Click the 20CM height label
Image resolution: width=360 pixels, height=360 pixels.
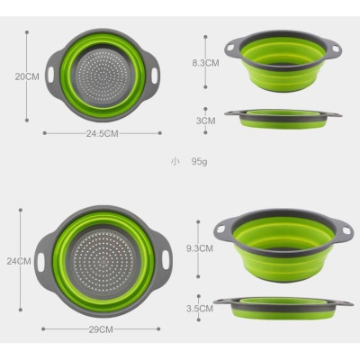(x=25, y=77)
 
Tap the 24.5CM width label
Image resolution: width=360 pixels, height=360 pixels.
(x=102, y=133)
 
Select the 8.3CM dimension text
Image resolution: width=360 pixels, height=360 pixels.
(x=205, y=63)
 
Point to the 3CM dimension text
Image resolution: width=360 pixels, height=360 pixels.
(x=206, y=119)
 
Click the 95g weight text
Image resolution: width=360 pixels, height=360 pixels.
(x=197, y=162)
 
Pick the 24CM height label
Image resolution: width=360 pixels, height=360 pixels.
(x=18, y=261)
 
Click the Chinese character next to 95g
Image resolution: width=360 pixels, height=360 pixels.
(x=174, y=162)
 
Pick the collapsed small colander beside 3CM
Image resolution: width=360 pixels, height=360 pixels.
(x=283, y=117)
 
